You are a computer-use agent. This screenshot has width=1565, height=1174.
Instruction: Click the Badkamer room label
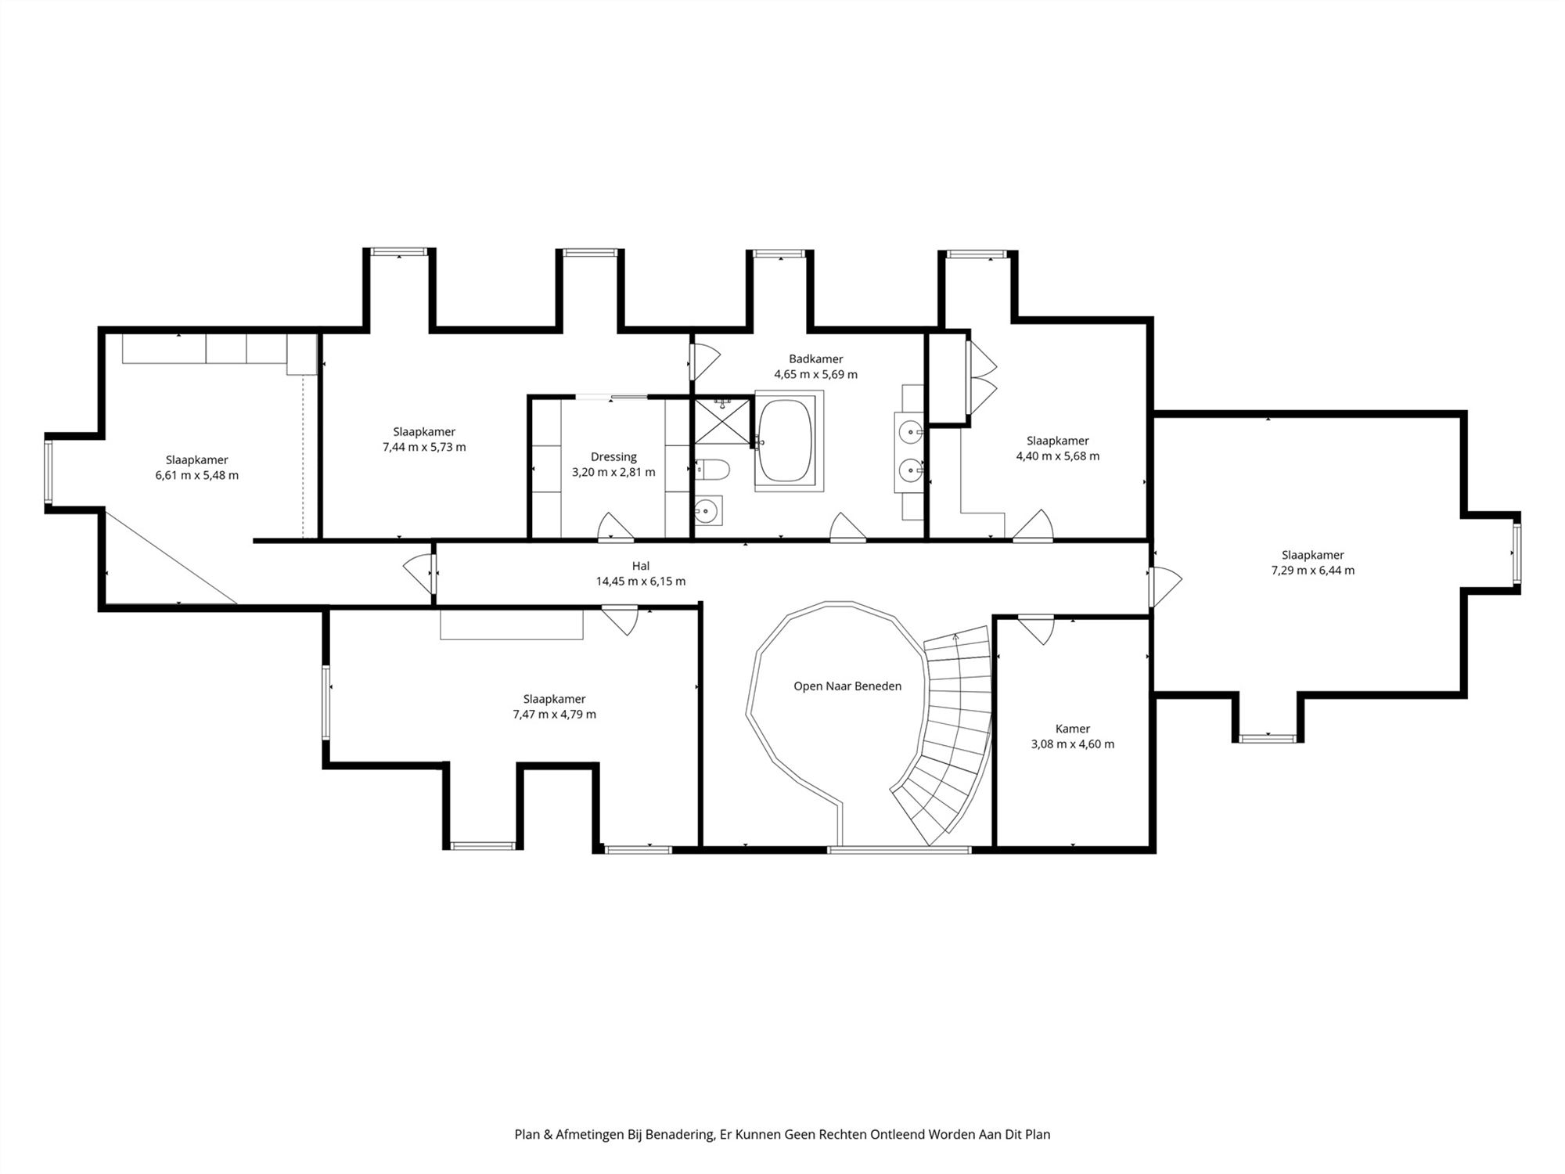click(x=815, y=359)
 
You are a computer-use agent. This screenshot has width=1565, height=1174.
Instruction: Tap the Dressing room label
click(x=613, y=457)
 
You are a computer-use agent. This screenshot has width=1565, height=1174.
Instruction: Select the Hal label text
click(x=641, y=566)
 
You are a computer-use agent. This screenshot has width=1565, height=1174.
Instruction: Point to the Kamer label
click(x=1072, y=729)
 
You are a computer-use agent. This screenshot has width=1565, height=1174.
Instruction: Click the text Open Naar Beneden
click(x=847, y=686)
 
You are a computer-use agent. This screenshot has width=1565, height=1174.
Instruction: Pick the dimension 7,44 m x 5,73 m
click(x=424, y=447)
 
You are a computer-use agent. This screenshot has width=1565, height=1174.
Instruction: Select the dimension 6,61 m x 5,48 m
click(x=197, y=475)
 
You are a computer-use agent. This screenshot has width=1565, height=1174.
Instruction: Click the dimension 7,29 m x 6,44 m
click(x=1313, y=571)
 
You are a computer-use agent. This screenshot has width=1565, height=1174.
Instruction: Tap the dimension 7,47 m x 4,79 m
click(x=554, y=715)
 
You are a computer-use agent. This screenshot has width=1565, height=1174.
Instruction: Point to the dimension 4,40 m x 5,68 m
click(x=1058, y=456)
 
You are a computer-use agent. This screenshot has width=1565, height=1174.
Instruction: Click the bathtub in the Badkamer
click(x=789, y=441)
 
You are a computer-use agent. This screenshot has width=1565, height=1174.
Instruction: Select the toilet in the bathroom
click(x=712, y=470)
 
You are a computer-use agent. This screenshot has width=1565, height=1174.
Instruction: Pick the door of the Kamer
click(x=1036, y=630)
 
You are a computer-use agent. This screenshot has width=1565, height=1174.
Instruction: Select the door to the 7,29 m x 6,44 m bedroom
click(x=1165, y=587)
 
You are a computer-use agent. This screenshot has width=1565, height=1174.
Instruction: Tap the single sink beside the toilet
click(x=708, y=510)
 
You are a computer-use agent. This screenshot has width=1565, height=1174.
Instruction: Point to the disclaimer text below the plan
click(x=782, y=1134)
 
